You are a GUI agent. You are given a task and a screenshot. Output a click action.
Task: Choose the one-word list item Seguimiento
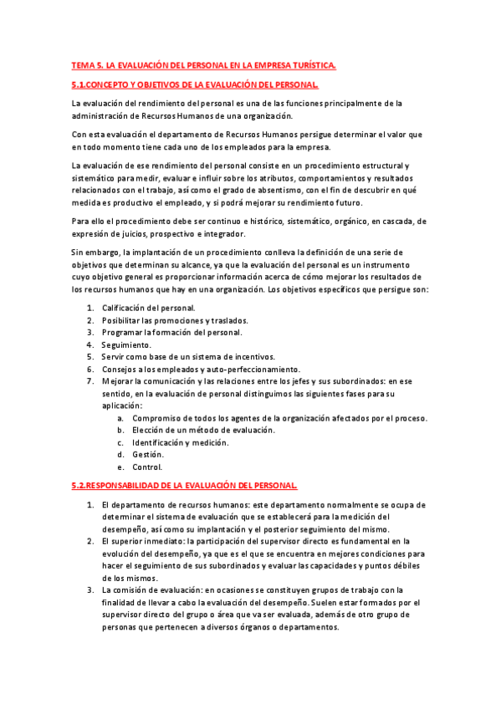point(126,344)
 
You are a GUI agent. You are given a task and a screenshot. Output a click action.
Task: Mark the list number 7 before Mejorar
point(89,381)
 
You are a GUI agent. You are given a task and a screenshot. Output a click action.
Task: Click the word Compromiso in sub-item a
point(159,418)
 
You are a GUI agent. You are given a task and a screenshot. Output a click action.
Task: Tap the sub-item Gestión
point(147,455)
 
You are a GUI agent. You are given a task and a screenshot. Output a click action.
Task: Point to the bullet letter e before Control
point(120,467)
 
